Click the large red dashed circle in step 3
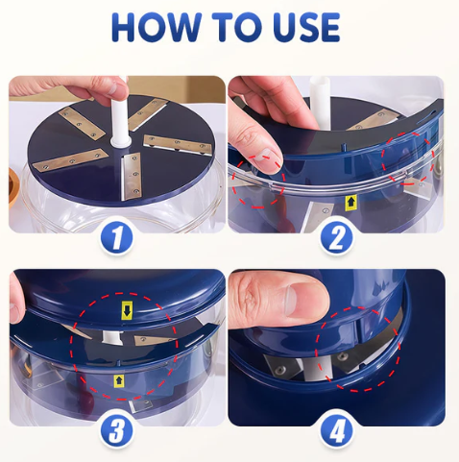129,347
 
